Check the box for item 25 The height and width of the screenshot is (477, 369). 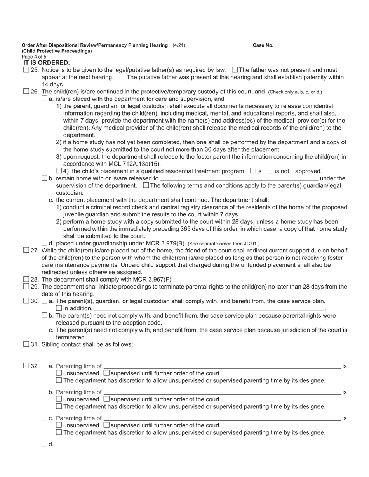26,70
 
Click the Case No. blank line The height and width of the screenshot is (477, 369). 311,45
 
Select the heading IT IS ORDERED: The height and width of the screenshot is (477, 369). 47,63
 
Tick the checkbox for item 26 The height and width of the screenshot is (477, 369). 26,92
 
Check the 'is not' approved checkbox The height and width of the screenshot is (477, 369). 271,171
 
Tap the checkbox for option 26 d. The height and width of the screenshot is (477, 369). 44,243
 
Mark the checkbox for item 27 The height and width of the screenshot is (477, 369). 26,251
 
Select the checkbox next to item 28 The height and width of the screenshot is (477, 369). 26,279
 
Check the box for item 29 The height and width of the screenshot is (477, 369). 26,286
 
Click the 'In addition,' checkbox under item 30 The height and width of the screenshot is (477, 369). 59,308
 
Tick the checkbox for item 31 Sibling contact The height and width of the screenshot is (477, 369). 26,344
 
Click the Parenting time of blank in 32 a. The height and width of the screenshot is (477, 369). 222,366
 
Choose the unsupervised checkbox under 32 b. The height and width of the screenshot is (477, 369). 59,399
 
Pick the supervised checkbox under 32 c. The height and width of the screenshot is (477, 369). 107,425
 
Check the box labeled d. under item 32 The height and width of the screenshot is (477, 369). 44,444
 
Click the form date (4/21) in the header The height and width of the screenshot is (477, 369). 179,45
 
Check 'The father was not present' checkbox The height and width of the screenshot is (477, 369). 235,70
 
